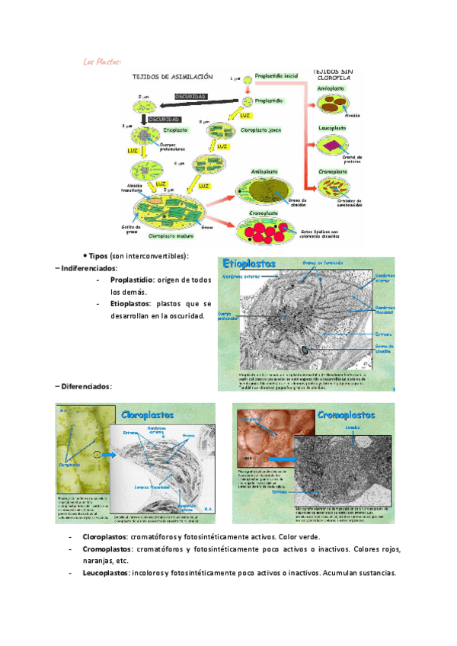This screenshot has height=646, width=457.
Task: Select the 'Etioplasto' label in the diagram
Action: [x=174, y=130]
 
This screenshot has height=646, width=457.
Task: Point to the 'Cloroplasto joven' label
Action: [x=261, y=130]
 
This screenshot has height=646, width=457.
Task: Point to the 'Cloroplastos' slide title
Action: [x=148, y=414]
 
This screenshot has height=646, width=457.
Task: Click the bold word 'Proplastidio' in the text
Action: [x=132, y=280]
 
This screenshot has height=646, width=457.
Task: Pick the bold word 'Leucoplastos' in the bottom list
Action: [x=105, y=573]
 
